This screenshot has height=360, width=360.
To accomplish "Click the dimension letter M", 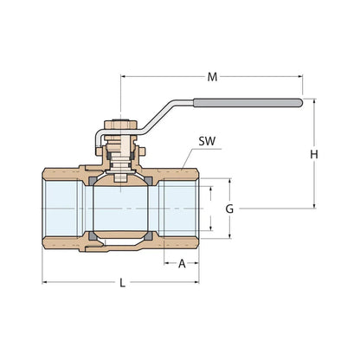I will [x=212, y=77].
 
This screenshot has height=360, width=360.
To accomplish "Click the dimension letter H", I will [x=315, y=155].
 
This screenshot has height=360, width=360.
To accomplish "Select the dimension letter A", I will [x=183, y=265].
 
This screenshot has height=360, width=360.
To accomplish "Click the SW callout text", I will [x=208, y=140].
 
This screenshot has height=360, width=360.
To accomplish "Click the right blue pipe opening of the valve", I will [x=181, y=209].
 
